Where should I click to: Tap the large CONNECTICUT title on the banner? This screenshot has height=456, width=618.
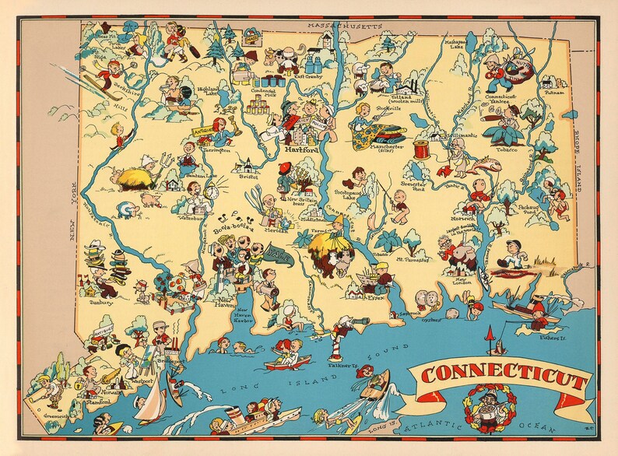tap(503, 381)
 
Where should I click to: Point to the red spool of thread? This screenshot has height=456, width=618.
tap(444, 147)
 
